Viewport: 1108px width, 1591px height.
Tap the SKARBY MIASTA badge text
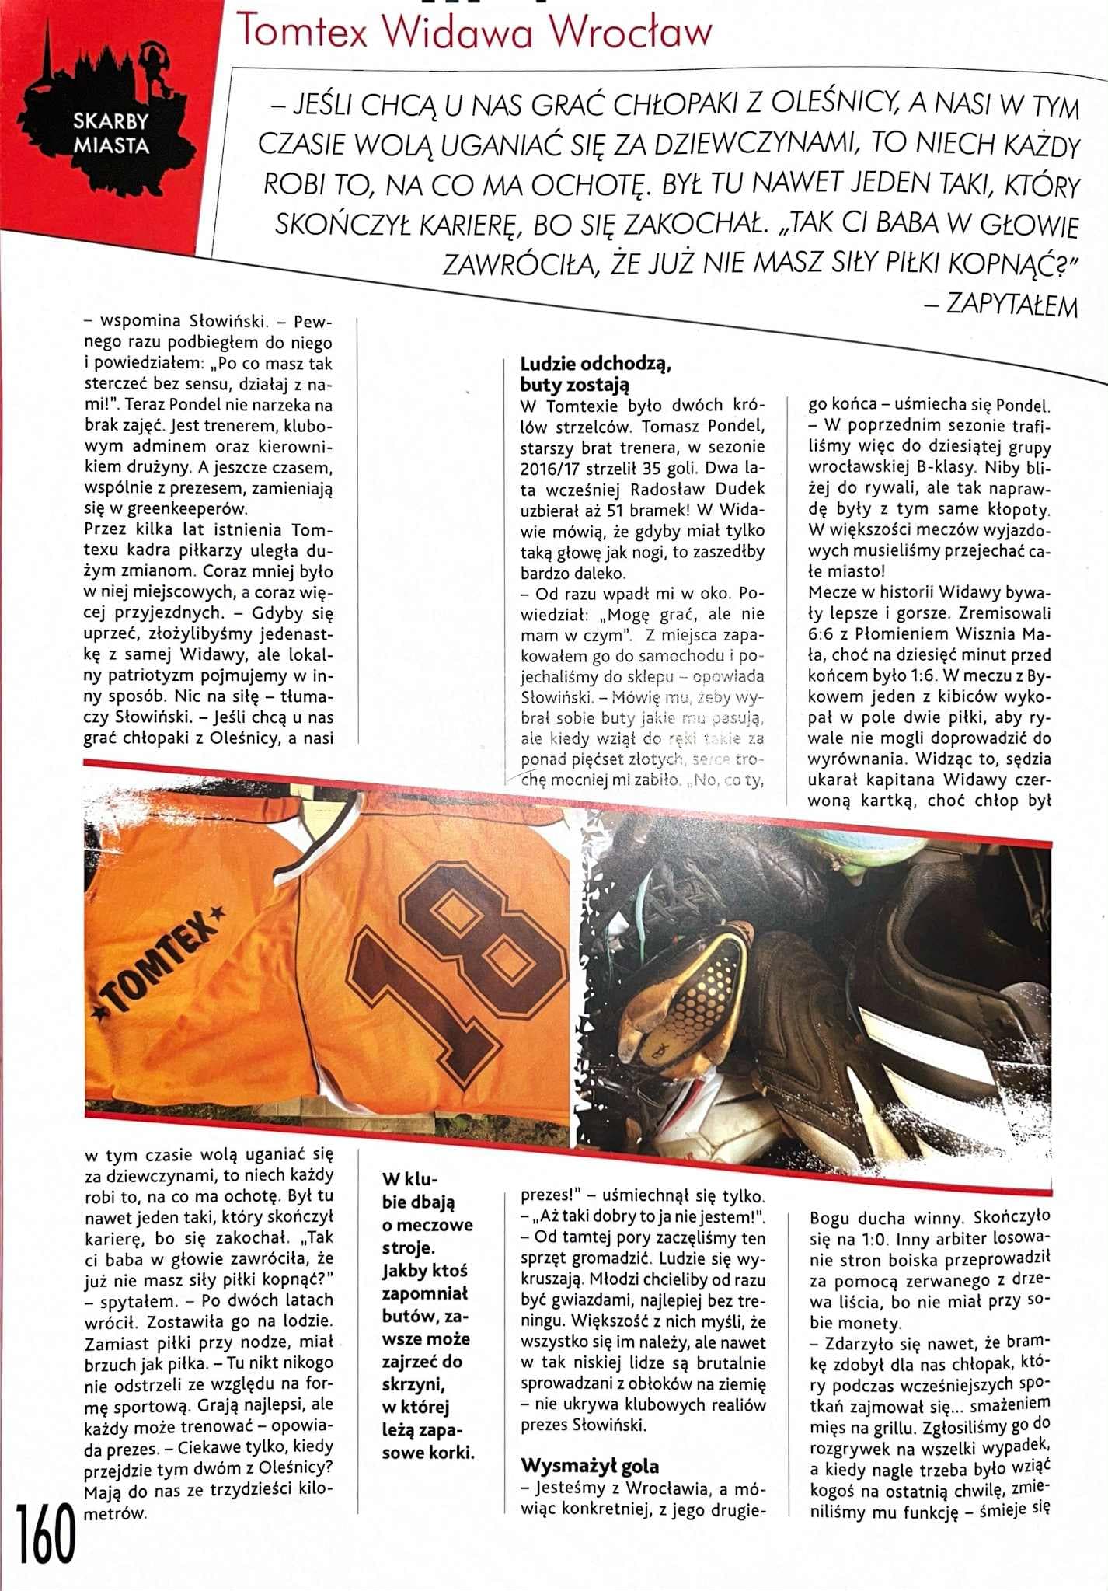pos(111,133)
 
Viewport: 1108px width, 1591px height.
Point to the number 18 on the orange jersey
pos(458,964)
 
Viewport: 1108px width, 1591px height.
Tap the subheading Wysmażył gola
pos(590,1466)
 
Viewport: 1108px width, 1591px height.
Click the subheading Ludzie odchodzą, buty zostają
pos(594,374)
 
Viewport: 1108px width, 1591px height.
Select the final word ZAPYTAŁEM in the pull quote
pos(1012,305)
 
